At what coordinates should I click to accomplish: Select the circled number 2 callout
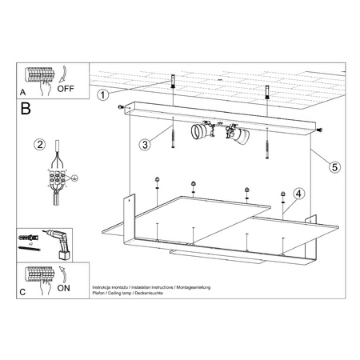click(x=38, y=145)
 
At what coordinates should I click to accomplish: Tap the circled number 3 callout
click(x=145, y=145)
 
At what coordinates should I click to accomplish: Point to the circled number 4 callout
click(x=298, y=193)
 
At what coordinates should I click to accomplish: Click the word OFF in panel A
click(x=67, y=89)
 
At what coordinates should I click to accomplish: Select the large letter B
click(x=26, y=109)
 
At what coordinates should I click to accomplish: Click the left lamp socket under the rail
click(x=200, y=131)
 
